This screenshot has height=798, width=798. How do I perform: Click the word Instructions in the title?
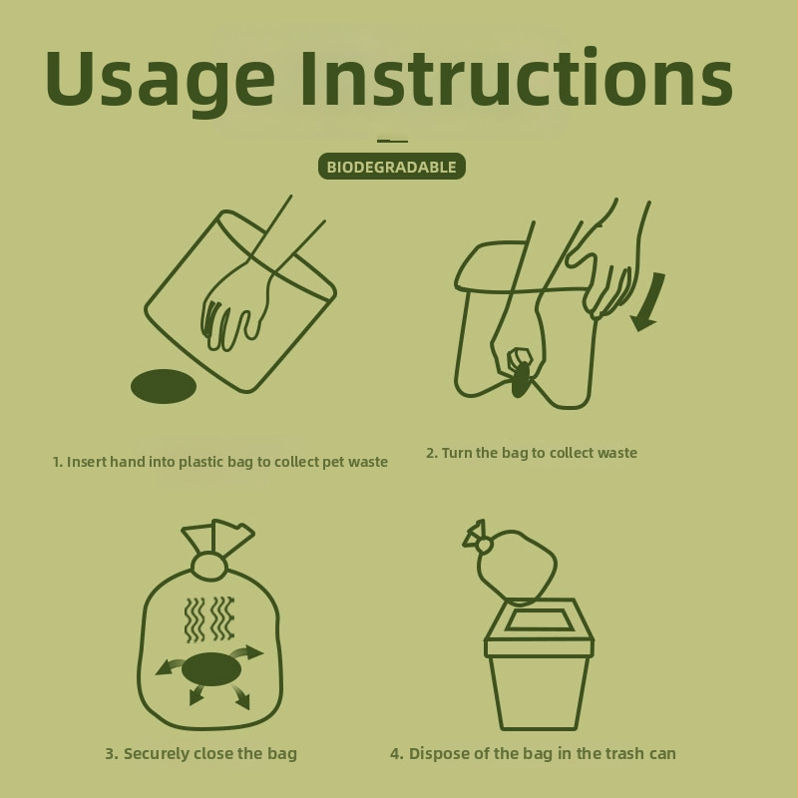click(x=517, y=78)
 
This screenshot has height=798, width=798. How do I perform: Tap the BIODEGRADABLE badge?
click(x=391, y=167)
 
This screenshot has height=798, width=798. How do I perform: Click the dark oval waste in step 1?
click(x=164, y=386)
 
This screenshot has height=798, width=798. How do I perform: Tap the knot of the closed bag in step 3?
click(x=207, y=566)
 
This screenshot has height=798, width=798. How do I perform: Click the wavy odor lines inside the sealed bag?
click(x=209, y=619)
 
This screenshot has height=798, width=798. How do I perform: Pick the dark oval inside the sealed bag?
click(x=211, y=668)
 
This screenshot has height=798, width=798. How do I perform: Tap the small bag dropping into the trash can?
click(x=511, y=563)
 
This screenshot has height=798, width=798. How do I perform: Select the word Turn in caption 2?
click(x=457, y=453)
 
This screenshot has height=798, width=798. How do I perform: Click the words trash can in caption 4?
click(x=636, y=754)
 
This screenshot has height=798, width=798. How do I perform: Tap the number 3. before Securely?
click(x=112, y=754)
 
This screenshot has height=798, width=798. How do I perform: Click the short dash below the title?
click(x=392, y=141)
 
